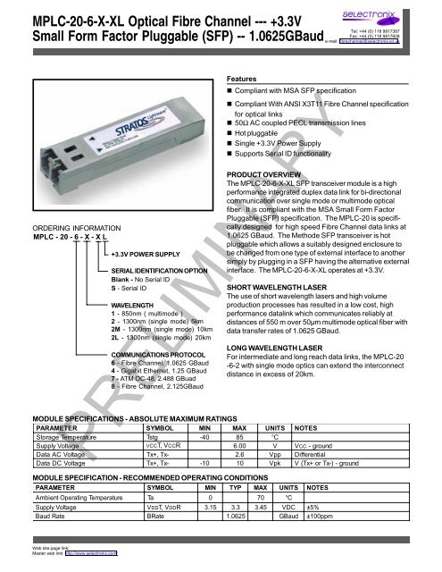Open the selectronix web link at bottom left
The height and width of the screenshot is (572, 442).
86,564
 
